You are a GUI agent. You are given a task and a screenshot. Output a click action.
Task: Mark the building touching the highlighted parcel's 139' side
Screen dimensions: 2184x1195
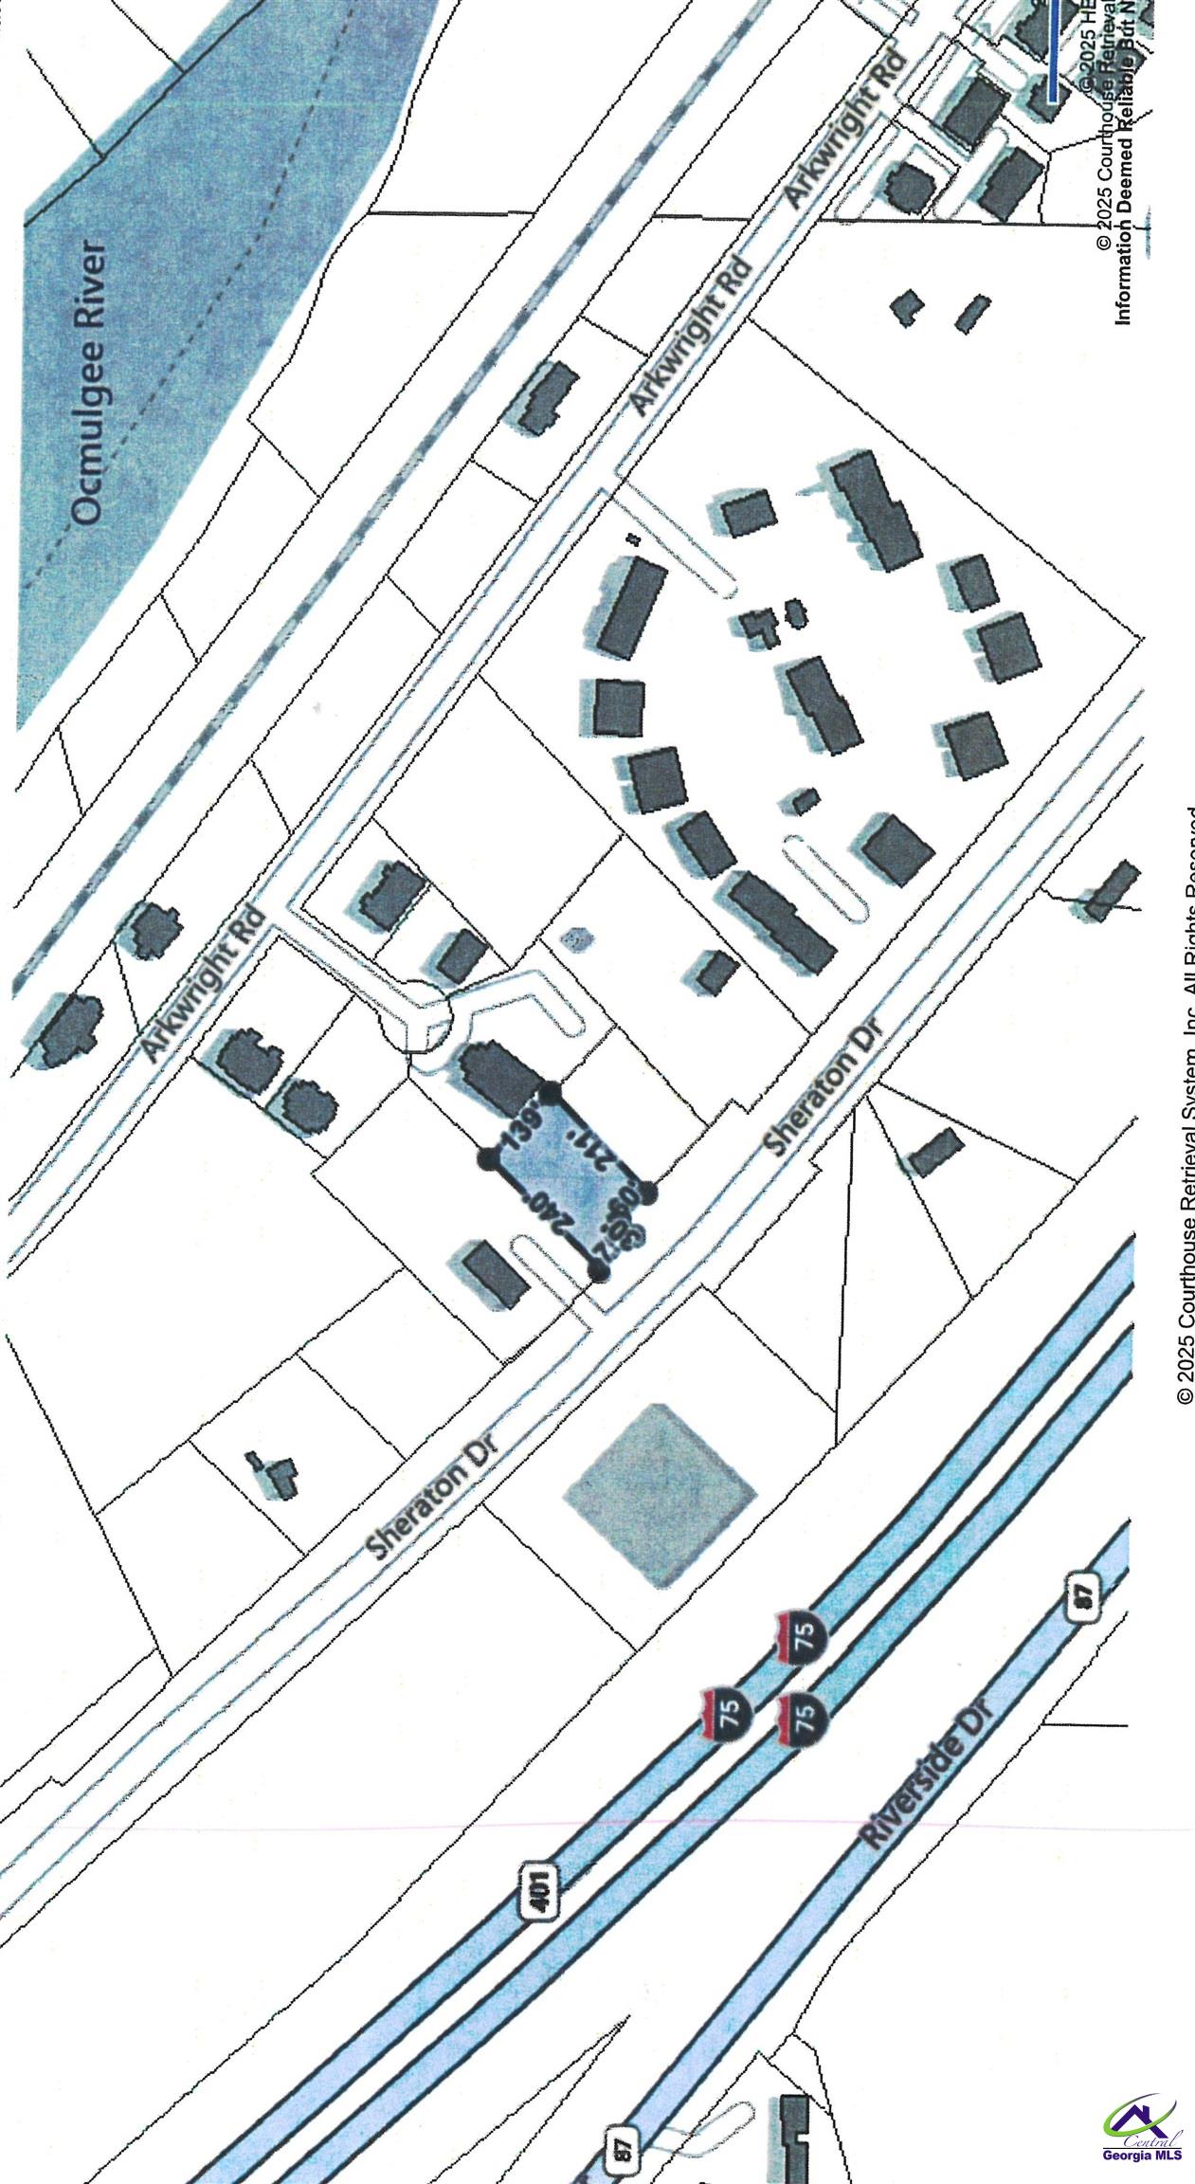click(x=499, y=1072)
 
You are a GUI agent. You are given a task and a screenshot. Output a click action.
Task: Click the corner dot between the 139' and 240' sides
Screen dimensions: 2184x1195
click(x=489, y=1157)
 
